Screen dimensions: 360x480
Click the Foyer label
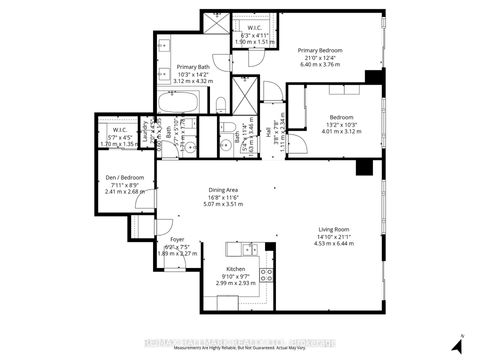176,240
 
